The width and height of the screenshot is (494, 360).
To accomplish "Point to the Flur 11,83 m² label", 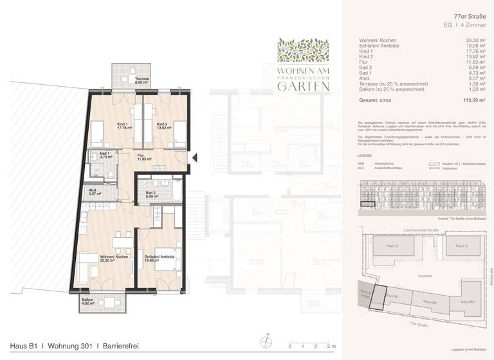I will pyautogui.click(x=143, y=157).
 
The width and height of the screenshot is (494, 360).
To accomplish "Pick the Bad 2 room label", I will pyautogui.click(x=151, y=194).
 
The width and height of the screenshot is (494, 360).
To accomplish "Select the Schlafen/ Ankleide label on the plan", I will pyautogui.click(x=158, y=258).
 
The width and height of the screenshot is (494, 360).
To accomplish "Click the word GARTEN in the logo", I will pyautogui.click(x=303, y=87).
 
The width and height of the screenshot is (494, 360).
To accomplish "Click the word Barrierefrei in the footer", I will pyautogui.click(x=118, y=347).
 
